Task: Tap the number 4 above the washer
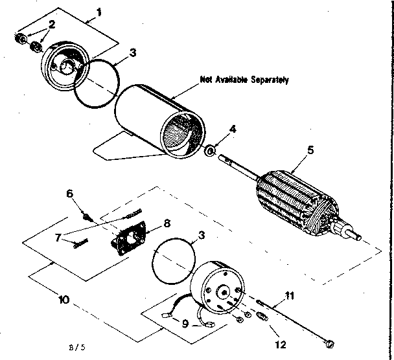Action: pyautogui.click(x=233, y=128)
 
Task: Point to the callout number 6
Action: pyautogui.click(x=71, y=193)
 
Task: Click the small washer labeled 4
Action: pyautogui.click(x=211, y=152)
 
